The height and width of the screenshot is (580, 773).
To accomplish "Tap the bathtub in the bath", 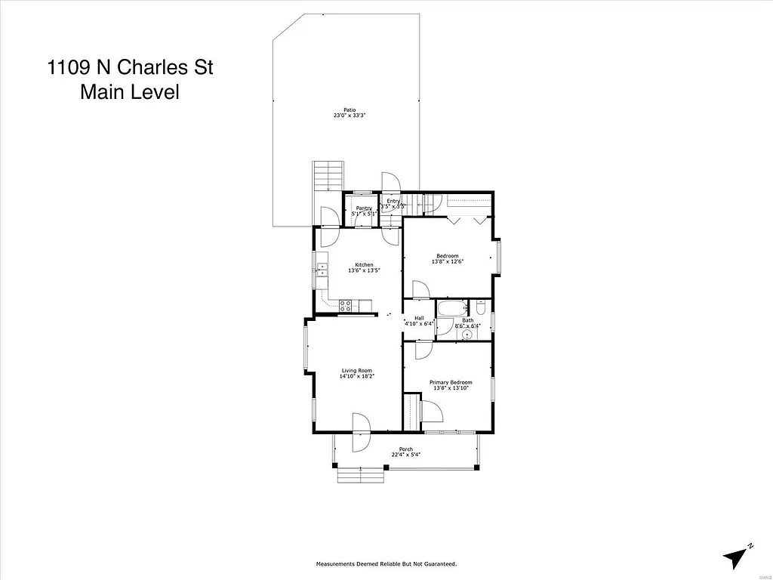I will click(x=454, y=309).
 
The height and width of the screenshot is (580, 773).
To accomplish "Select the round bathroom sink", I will click(x=467, y=333).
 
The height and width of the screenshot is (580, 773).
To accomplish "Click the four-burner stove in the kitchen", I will click(x=346, y=306).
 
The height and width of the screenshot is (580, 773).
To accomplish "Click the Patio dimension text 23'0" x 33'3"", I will click(x=350, y=116).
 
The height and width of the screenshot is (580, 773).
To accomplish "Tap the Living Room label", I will click(x=357, y=370).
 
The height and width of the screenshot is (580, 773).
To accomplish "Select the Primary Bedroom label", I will click(x=450, y=382).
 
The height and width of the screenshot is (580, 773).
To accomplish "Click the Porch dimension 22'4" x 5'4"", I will click(x=405, y=455).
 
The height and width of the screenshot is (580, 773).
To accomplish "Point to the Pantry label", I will click(x=364, y=208).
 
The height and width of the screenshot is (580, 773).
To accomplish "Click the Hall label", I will click(x=419, y=318).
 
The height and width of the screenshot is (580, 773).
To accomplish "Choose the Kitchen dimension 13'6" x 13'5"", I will click(x=364, y=270).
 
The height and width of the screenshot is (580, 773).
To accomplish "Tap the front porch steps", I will click(x=361, y=475).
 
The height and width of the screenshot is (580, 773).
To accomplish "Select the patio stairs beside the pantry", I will click(x=329, y=177).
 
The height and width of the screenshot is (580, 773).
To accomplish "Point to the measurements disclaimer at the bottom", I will click(x=386, y=564).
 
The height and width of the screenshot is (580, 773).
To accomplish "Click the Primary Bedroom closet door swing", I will click(x=431, y=412).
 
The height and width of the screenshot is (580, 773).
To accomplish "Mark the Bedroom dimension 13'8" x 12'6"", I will click(x=448, y=262).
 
